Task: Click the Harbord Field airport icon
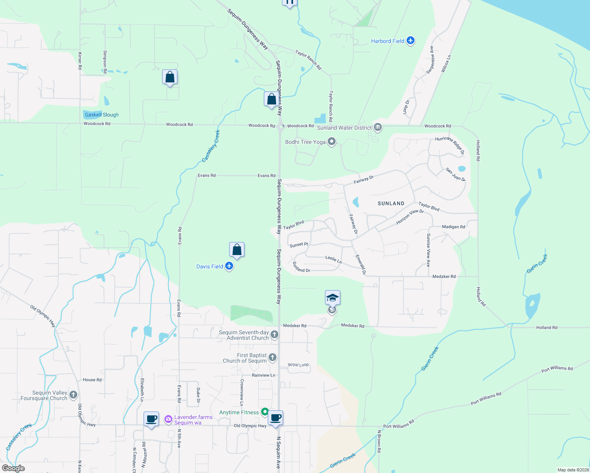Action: [411, 41]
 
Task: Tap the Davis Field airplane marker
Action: [229, 266]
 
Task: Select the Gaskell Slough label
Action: [101, 115]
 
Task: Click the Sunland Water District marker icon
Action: [378, 127]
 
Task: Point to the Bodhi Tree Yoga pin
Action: [332, 142]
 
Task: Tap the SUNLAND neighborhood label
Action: [391, 203]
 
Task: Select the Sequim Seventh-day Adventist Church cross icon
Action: [274, 335]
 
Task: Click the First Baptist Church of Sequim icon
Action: [272, 358]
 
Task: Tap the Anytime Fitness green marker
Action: [265, 412]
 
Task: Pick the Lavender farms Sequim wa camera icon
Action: [168, 419]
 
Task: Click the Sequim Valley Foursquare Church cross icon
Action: [73, 395]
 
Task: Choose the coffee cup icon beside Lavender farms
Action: [151, 419]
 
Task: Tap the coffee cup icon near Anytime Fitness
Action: [275, 418]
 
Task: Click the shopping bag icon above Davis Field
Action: [237, 250]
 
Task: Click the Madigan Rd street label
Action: [454, 227]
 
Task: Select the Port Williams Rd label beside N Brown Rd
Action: [399, 424]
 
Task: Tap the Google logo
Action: [13, 468]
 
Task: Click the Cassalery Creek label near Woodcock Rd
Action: [211, 146]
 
